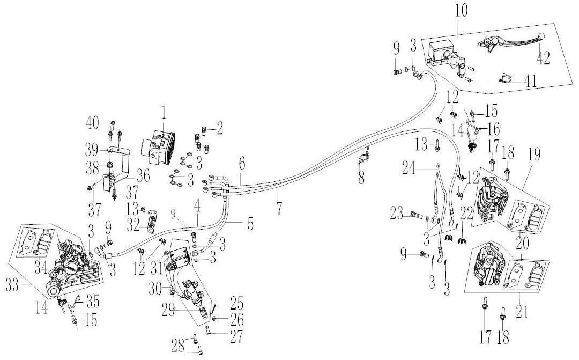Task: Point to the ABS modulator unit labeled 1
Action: tap(158, 146)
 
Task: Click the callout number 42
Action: tap(543, 58)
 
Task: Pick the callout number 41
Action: tap(530, 82)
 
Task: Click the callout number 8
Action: tap(361, 178)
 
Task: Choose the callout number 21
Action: tap(522, 312)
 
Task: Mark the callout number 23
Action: tap(398, 214)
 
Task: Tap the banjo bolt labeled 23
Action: tap(417, 215)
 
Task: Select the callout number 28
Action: tap(177, 347)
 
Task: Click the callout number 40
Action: tap(92, 123)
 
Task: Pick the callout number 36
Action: tap(143, 177)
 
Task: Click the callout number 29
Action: tap(168, 311)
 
